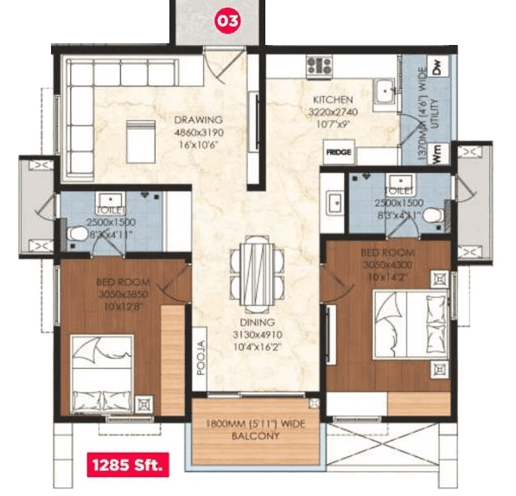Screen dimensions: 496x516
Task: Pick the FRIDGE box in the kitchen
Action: (339, 152)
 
